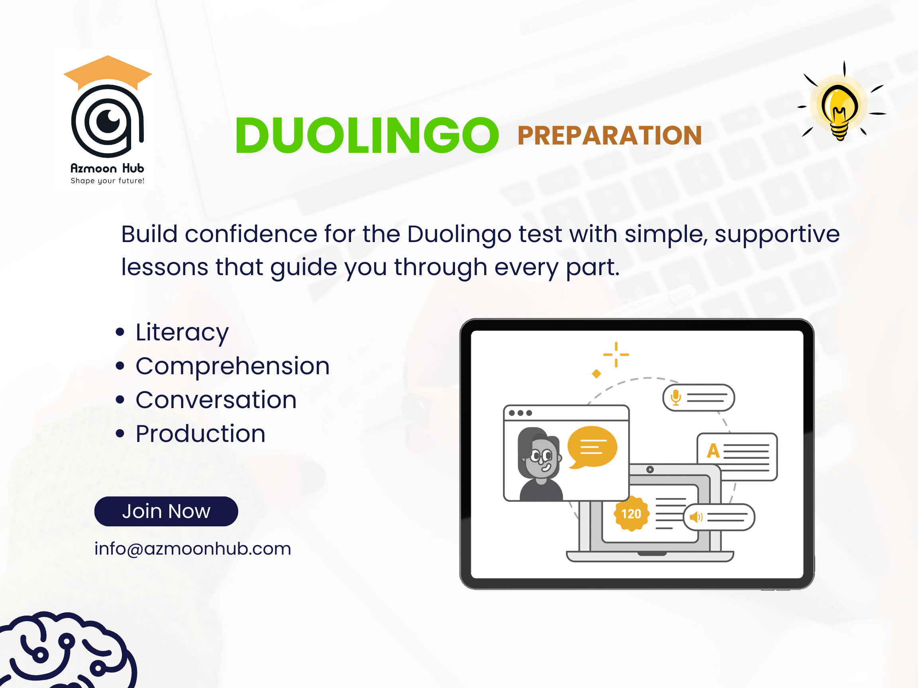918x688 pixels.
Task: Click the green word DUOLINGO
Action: (367, 135)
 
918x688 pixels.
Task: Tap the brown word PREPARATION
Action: (609, 136)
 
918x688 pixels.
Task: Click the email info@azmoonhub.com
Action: (192, 549)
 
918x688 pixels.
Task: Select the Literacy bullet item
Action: (182, 332)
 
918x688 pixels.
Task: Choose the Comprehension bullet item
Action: (232, 366)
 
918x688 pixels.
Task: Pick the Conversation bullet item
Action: (216, 400)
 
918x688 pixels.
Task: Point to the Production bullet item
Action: (200, 434)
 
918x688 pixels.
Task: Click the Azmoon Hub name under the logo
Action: (107, 168)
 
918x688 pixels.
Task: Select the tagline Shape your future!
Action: (107, 181)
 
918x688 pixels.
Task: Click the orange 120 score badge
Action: (631, 514)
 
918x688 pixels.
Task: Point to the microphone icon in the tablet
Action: (676, 397)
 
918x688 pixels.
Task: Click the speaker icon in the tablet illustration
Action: (696, 517)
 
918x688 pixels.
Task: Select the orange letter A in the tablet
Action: (713, 450)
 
